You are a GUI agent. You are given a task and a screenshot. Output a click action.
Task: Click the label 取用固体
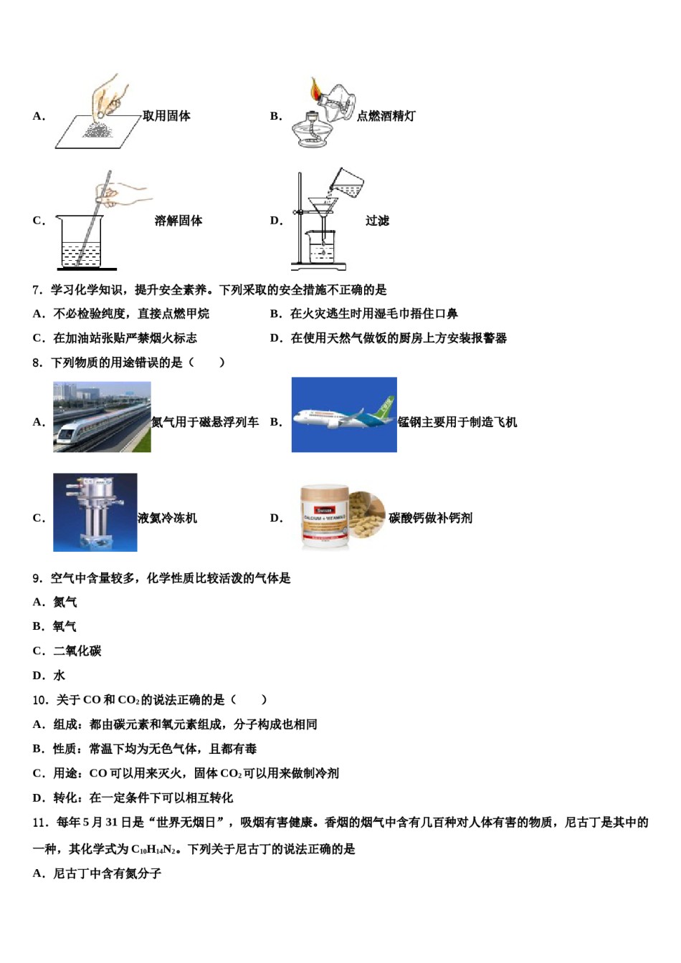pyautogui.click(x=166, y=116)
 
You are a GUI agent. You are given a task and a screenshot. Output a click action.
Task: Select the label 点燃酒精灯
pyautogui.click(x=386, y=116)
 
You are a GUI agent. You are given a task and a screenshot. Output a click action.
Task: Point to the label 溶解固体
pyautogui.click(x=178, y=221)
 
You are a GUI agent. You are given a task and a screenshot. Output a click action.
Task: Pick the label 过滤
pyautogui.click(x=377, y=221)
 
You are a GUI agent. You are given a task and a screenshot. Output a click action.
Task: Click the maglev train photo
pyautogui.click(x=102, y=417)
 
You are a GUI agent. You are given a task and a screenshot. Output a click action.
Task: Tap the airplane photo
pyautogui.click(x=344, y=415)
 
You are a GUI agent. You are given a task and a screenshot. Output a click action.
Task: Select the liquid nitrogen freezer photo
pyautogui.click(x=95, y=512)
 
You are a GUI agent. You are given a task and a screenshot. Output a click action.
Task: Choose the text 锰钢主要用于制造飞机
pyautogui.click(x=457, y=422)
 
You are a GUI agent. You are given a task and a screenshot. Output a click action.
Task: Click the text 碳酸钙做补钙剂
pyautogui.click(x=430, y=518)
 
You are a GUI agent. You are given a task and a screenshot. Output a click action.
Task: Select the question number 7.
pyautogui.click(x=37, y=289)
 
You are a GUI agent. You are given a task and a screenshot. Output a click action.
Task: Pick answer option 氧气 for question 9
pyautogui.click(x=65, y=627)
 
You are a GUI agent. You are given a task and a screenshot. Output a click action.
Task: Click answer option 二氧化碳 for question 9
pyautogui.click(x=77, y=651)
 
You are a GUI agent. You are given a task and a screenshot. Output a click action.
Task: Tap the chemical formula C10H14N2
pyautogui.click(x=153, y=850)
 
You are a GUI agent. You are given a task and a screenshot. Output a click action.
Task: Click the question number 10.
pyautogui.click(x=40, y=700)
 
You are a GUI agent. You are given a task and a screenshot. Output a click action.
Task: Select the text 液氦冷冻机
pyautogui.click(x=167, y=518)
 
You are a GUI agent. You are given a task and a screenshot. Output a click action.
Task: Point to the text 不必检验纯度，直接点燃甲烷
pyautogui.click(x=131, y=314)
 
